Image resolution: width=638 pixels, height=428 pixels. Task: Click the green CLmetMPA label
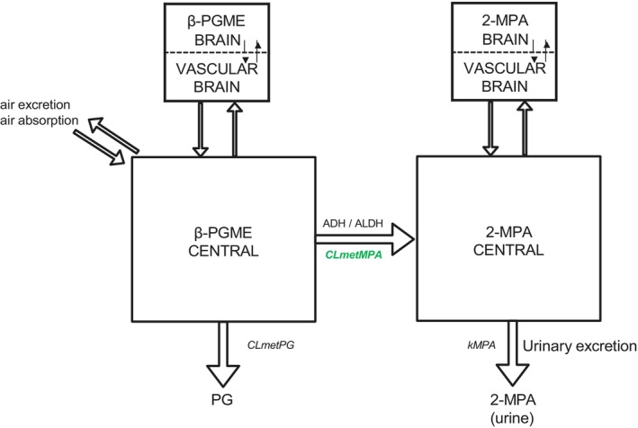354,254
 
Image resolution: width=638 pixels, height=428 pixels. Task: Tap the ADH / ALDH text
353,224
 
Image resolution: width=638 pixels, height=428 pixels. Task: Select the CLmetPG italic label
271,345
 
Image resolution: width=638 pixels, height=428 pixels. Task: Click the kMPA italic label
481,345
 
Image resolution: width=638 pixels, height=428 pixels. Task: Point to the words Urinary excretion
580,346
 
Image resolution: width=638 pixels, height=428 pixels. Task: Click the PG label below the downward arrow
222,399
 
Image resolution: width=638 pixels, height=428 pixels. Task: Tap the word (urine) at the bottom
512,417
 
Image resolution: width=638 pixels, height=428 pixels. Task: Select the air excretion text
35,104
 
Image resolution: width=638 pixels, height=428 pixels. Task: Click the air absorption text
39,120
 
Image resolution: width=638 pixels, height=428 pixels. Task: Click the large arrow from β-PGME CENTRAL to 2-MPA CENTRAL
365,239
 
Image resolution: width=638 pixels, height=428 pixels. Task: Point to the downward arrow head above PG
222,375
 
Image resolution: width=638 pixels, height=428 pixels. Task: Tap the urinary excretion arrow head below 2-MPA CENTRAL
512,374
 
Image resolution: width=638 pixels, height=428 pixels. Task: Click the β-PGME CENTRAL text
223,242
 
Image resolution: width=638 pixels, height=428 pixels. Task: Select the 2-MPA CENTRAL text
508,241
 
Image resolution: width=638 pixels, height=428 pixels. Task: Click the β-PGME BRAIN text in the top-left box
217,31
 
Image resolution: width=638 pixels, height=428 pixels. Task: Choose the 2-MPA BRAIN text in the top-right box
505,30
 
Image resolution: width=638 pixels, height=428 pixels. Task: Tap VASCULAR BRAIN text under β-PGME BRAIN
217,77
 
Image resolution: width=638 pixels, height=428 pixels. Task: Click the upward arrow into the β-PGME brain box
235,129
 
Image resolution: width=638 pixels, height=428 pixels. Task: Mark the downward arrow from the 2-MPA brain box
490,129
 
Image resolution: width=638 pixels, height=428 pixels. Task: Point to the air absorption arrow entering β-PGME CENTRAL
99,147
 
